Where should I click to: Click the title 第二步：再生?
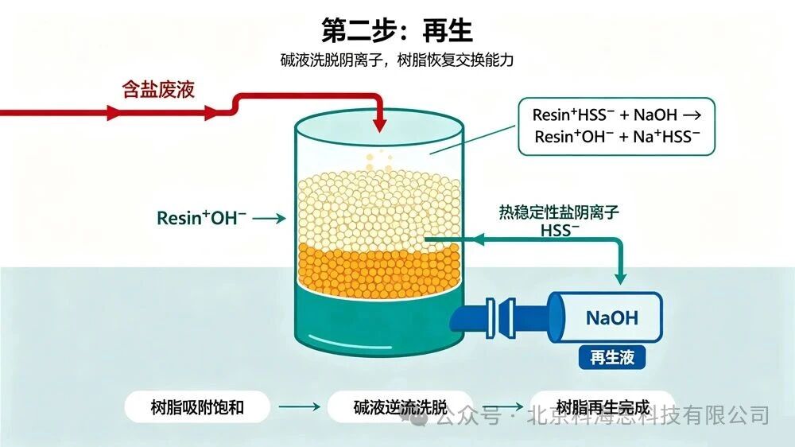[x=397, y=30]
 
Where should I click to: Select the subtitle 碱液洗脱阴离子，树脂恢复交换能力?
[x=397, y=60]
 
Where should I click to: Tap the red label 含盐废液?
[x=158, y=90]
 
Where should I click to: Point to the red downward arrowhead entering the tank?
[x=379, y=125]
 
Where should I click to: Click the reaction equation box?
[x=616, y=126]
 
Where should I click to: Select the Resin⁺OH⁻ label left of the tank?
[x=201, y=218]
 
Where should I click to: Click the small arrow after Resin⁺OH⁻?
[x=270, y=219]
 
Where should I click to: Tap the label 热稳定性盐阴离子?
[x=559, y=212]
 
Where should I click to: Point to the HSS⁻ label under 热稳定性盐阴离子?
[x=560, y=231]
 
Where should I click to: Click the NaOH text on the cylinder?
[x=611, y=318]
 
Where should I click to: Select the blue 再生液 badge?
[x=612, y=357]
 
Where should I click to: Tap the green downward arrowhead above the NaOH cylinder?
[x=620, y=278]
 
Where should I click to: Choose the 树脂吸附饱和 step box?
[x=197, y=407]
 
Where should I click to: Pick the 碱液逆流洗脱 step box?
[x=400, y=407]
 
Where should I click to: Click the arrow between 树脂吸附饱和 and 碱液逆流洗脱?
[x=299, y=406]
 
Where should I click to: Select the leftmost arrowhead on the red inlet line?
[x=114, y=112]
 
